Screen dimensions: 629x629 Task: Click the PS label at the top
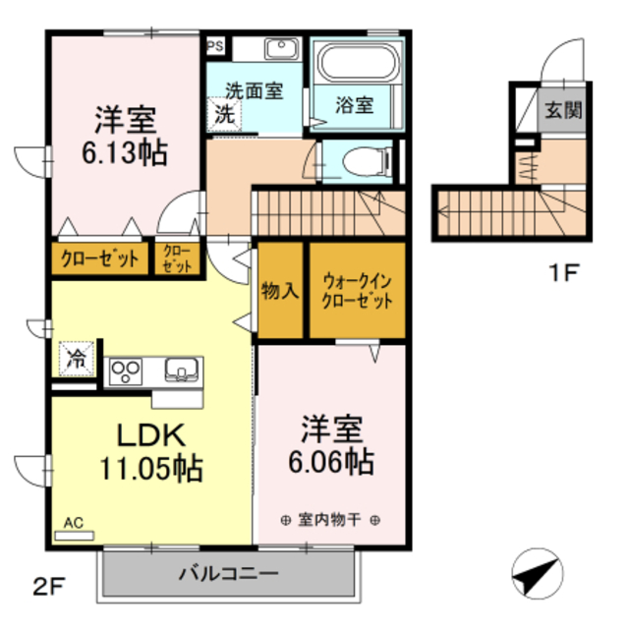(214, 45)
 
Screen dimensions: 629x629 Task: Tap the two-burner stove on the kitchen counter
(126, 371)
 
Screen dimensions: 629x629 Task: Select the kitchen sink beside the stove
(183, 371)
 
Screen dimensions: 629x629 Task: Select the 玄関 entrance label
(564, 108)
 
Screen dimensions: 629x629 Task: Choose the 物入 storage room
(280, 291)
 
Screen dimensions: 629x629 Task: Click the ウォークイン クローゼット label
(358, 291)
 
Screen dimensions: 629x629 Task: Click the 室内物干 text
(330, 519)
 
